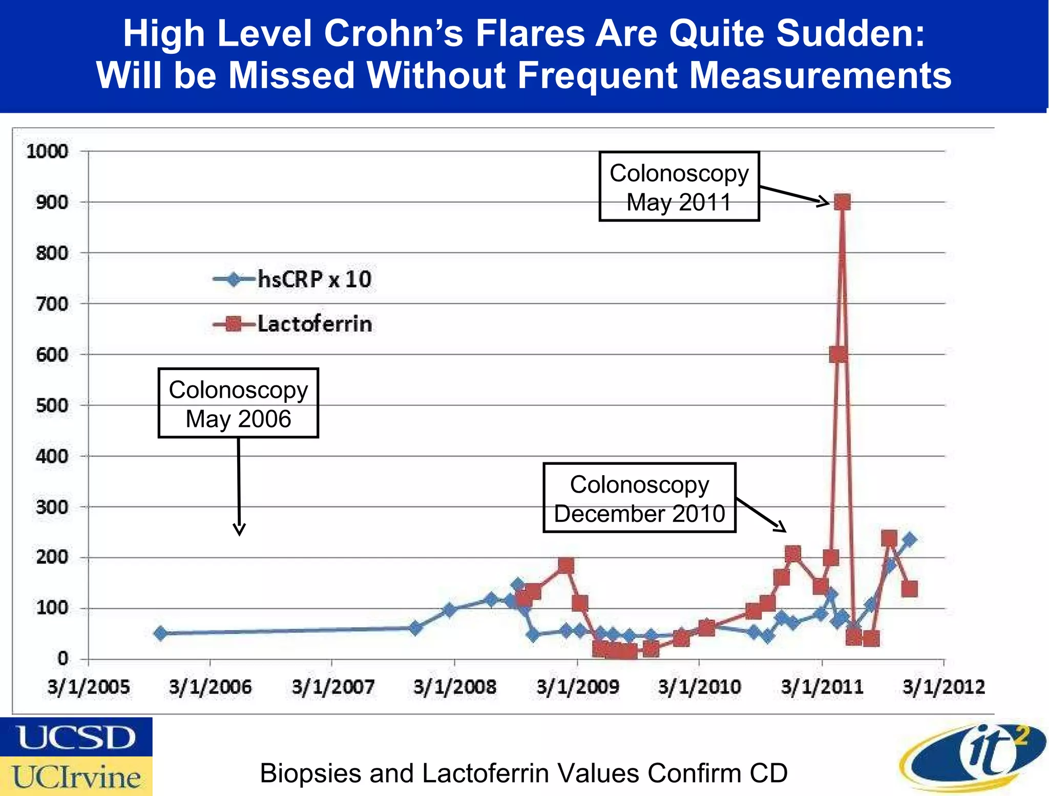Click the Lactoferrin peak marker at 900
(x=842, y=202)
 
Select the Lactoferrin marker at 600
(x=838, y=354)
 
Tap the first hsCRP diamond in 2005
(x=160, y=634)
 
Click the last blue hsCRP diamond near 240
(x=910, y=539)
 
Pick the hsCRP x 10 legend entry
(x=293, y=279)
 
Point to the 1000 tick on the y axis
(x=47, y=152)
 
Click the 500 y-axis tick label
(x=52, y=405)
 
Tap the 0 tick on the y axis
(x=62, y=659)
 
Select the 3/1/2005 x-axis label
(x=89, y=687)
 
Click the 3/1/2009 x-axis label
(x=578, y=687)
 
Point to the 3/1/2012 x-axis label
(x=943, y=687)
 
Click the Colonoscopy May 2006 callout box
(x=238, y=403)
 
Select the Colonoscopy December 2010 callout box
(x=639, y=498)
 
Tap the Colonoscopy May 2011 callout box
(x=679, y=187)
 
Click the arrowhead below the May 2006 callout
(x=239, y=530)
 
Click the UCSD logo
(x=76, y=737)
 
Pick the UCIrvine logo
(x=76, y=776)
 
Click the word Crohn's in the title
(x=393, y=34)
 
